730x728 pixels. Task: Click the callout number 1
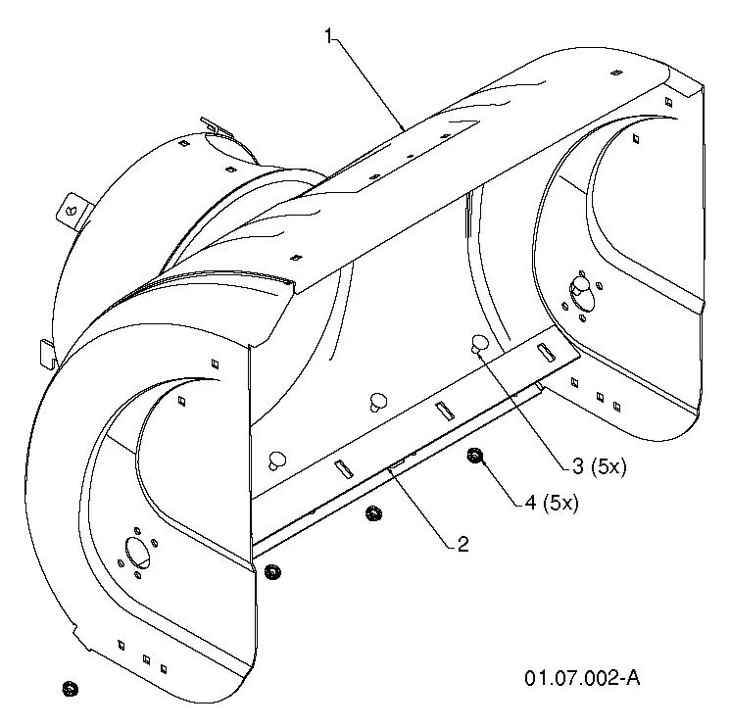pyautogui.click(x=329, y=36)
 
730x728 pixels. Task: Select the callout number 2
pyautogui.click(x=462, y=544)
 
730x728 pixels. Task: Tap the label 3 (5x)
pyautogui.click(x=599, y=466)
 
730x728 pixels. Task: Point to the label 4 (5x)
pyautogui.click(x=552, y=503)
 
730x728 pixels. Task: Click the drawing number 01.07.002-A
pyautogui.click(x=582, y=678)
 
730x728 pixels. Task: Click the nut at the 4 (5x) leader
pyautogui.click(x=474, y=456)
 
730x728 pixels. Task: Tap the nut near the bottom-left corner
pyautogui.click(x=71, y=689)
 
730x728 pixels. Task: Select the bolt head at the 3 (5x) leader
pyautogui.click(x=479, y=344)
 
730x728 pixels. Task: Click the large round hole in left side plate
pyautogui.click(x=138, y=553)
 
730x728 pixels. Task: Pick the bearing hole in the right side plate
pyautogui.click(x=582, y=295)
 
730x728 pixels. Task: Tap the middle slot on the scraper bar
pyautogui.click(x=445, y=411)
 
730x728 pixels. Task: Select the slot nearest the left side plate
pyautogui.click(x=344, y=469)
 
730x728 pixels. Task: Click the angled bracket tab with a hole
pyautogui.click(x=73, y=212)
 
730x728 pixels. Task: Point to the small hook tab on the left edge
pyautogui.click(x=47, y=354)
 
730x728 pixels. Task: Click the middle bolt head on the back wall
pyautogui.click(x=378, y=402)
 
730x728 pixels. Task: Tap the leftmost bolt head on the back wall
pyautogui.click(x=277, y=461)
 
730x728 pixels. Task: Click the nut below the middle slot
pyautogui.click(x=373, y=513)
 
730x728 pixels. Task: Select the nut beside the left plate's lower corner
pyautogui.click(x=272, y=571)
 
